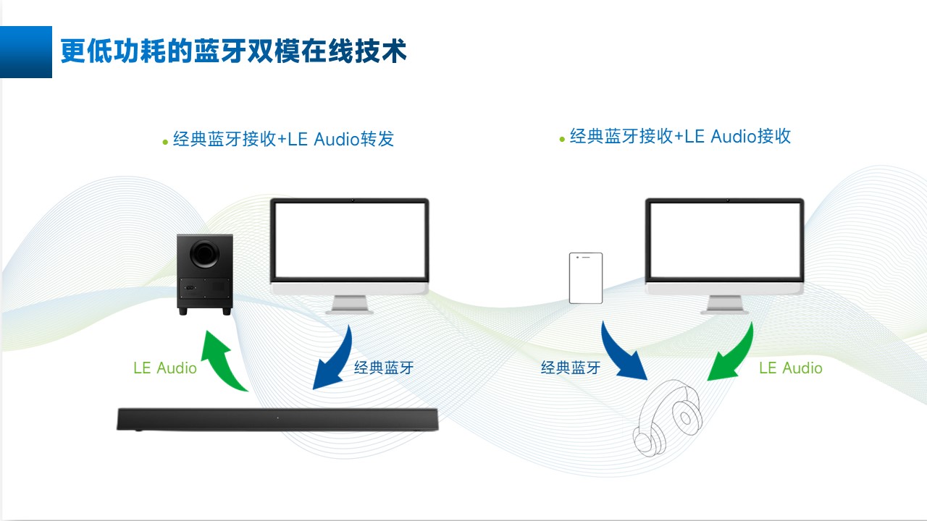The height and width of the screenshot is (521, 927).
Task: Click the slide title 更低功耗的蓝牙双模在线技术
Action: (x=233, y=52)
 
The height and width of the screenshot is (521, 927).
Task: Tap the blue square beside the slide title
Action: (x=26, y=52)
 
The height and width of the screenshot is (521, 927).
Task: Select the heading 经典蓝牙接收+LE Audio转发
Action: (x=283, y=139)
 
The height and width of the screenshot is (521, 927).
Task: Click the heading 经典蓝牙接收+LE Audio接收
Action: (x=680, y=136)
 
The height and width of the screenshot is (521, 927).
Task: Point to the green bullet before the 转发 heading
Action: (x=165, y=141)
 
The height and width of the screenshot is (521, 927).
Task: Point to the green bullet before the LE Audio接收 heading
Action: (x=562, y=138)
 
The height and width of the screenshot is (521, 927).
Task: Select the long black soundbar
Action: (x=278, y=420)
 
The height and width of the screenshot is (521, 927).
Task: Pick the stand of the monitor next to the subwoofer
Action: (x=349, y=303)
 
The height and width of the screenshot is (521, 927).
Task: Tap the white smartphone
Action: (x=586, y=278)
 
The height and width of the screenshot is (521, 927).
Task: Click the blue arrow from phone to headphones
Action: (x=622, y=352)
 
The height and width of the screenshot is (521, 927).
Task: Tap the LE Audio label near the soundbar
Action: (x=165, y=368)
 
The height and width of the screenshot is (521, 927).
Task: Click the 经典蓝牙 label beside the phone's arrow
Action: (x=571, y=368)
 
